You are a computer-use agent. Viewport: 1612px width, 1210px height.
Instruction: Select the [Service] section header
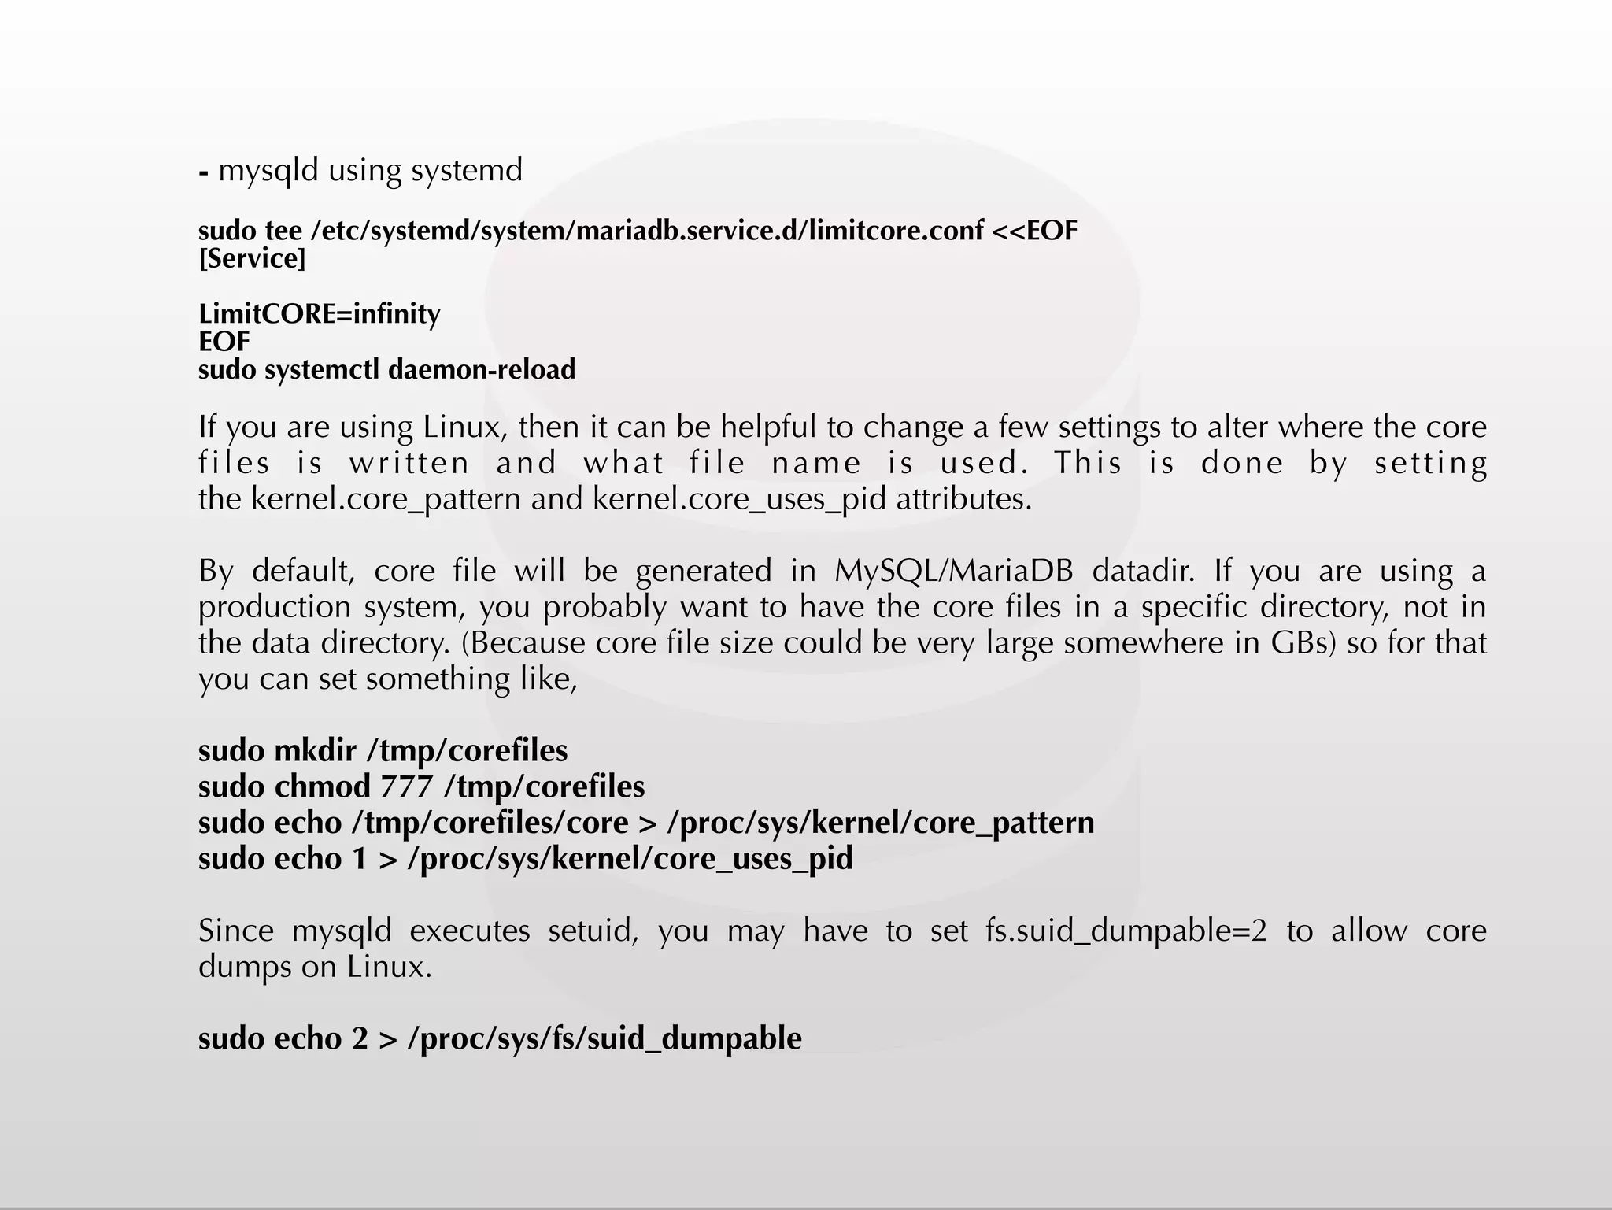tap(252, 259)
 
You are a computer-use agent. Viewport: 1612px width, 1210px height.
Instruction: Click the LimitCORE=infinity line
tap(319, 314)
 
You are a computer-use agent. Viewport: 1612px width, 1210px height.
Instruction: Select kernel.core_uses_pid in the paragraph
tap(739, 499)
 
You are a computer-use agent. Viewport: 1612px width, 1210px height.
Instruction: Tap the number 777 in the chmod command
tap(406, 786)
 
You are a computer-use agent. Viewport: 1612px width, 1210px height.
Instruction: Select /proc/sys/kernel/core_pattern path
tap(880, 823)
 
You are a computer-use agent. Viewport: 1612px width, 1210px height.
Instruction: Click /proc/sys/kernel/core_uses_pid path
tap(630, 859)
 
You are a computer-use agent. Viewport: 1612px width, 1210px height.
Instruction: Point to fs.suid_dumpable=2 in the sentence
tap(1126, 931)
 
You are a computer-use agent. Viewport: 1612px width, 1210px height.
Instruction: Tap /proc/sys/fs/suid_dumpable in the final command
tap(604, 1039)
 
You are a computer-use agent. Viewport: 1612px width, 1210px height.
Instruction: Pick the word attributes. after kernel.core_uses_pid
tap(963, 499)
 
